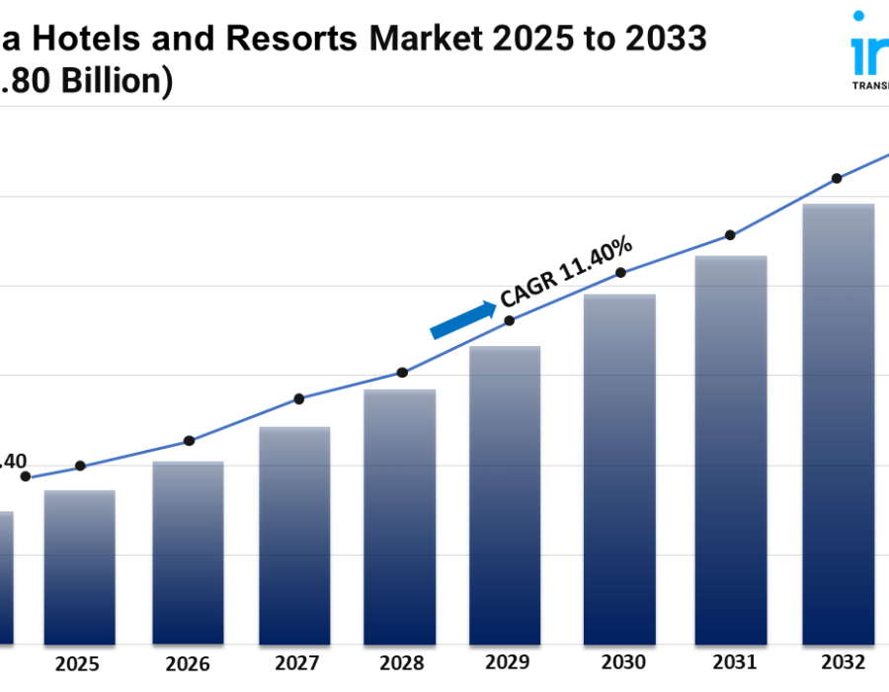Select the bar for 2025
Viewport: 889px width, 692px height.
click(x=79, y=568)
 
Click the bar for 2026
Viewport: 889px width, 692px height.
click(x=188, y=554)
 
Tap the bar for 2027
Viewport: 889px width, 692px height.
click(x=294, y=536)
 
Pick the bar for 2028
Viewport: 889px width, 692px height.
click(x=400, y=517)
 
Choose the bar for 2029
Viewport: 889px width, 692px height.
click(x=505, y=495)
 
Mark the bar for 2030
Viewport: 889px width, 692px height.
click(x=620, y=470)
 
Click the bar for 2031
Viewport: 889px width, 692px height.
click(x=730, y=450)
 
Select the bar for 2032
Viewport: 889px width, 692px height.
click(x=838, y=424)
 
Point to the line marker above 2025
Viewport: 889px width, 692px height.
click(x=80, y=466)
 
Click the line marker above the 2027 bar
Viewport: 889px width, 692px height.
click(x=299, y=398)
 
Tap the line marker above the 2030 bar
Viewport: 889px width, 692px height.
click(x=621, y=272)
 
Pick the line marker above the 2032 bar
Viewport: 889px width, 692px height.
click(x=837, y=178)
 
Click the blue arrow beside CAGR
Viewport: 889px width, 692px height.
click(x=463, y=319)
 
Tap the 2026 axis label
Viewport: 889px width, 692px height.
click(x=188, y=662)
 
